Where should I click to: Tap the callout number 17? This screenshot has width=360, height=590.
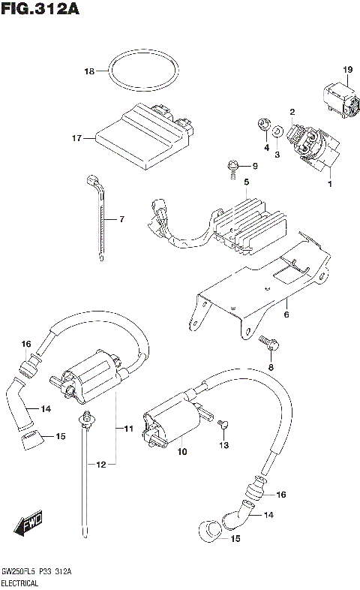click(x=76, y=138)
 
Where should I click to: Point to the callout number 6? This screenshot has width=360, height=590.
click(x=285, y=315)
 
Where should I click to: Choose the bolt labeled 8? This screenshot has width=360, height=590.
click(x=270, y=344)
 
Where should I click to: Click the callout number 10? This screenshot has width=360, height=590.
click(x=181, y=453)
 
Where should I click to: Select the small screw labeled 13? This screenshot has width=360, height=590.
click(x=221, y=426)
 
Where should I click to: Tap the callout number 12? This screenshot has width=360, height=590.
click(x=101, y=465)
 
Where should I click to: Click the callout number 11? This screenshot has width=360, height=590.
click(x=128, y=429)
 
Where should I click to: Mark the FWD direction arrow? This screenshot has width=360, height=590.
click(x=31, y=522)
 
